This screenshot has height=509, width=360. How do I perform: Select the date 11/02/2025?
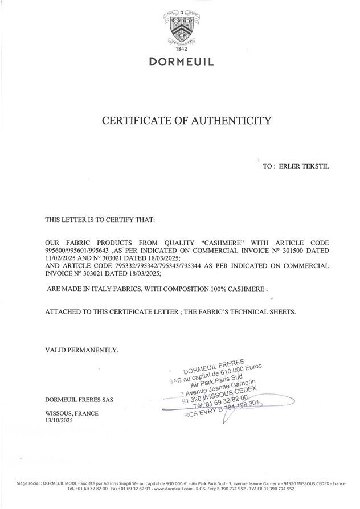pyautogui.click(x=60, y=258)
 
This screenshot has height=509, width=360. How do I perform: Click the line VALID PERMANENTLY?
pyautogui.click(x=81, y=350)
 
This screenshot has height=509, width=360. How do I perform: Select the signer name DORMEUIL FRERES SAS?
pyautogui.click(x=79, y=399)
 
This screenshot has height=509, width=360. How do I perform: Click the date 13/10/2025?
pyautogui.click(x=59, y=420)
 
